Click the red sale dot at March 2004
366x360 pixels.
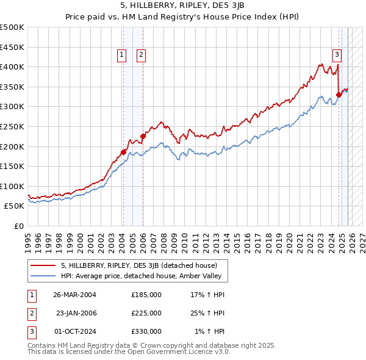[123, 152]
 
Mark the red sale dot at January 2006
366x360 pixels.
[143, 136]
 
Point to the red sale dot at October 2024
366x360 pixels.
[339, 95]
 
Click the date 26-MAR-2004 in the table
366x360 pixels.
[74, 295]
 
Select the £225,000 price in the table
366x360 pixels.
[146, 313]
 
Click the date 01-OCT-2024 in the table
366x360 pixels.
[74, 331]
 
